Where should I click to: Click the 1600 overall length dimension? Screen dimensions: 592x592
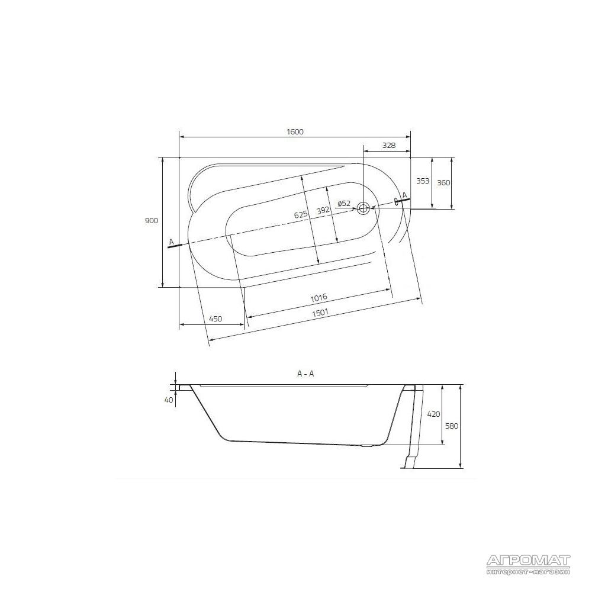(x=295, y=132)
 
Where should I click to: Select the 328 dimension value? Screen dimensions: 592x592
(x=388, y=145)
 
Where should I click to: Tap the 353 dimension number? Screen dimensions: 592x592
(x=423, y=181)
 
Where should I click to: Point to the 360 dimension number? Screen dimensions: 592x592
(x=443, y=183)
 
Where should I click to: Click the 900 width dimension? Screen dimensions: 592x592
(x=152, y=221)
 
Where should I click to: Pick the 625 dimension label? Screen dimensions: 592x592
(x=301, y=215)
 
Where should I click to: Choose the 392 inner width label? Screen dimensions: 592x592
(x=323, y=210)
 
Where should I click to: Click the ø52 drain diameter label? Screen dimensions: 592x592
(x=344, y=204)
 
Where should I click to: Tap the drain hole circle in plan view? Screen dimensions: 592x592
(x=363, y=208)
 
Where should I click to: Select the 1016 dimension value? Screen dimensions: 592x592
(x=318, y=298)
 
